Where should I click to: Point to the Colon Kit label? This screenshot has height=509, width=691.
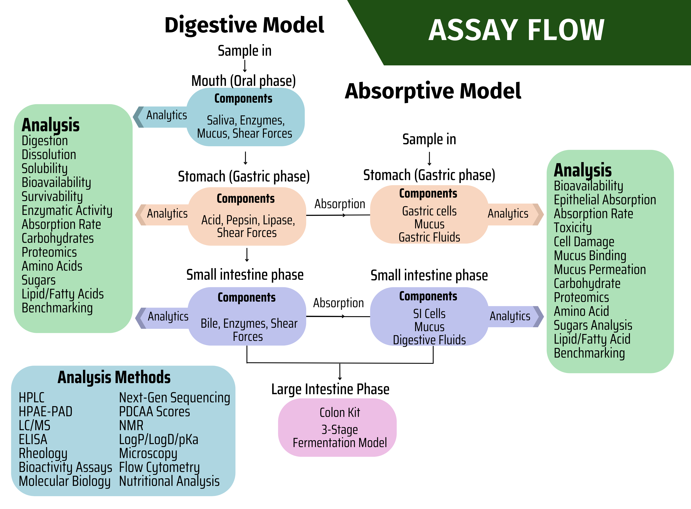[x=340, y=412]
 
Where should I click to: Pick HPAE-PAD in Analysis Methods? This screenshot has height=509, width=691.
[x=46, y=412]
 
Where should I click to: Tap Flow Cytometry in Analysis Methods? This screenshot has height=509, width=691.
[x=159, y=467]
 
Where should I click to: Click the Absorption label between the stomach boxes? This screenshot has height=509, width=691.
[x=340, y=204]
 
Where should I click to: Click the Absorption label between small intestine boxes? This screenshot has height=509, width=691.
[x=338, y=303]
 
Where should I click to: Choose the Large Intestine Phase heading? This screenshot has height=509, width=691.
[x=330, y=389]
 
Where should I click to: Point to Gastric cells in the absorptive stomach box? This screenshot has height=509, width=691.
[x=429, y=211]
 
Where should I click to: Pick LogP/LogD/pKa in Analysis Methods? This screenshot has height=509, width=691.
[x=159, y=439]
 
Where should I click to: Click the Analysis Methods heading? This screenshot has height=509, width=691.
[x=114, y=377]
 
